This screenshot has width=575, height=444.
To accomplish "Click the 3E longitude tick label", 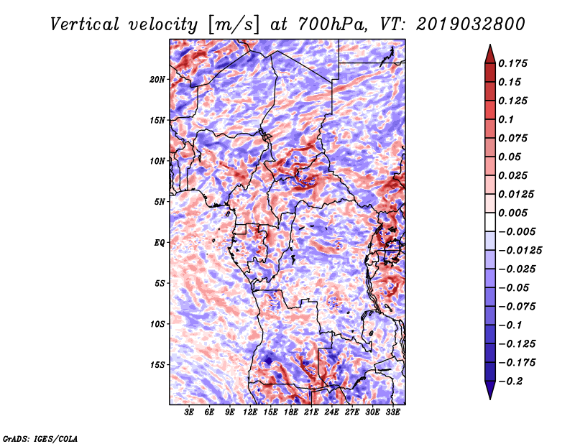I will (x=190, y=412).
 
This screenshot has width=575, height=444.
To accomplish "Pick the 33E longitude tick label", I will (x=393, y=412).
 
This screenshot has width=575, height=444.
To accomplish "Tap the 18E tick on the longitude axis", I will (x=291, y=412).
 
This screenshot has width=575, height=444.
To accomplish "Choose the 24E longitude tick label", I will (x=332, y=412).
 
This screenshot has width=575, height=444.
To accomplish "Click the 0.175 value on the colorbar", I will (x=515, y=63).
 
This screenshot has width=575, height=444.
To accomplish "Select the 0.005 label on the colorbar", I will (x=515, y=213).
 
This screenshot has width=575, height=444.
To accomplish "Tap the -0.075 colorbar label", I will (x=517, y=306).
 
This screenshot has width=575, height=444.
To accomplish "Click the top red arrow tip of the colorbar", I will (x=489, y=47).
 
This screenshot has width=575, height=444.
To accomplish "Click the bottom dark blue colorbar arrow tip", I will (x=489, y=397).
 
